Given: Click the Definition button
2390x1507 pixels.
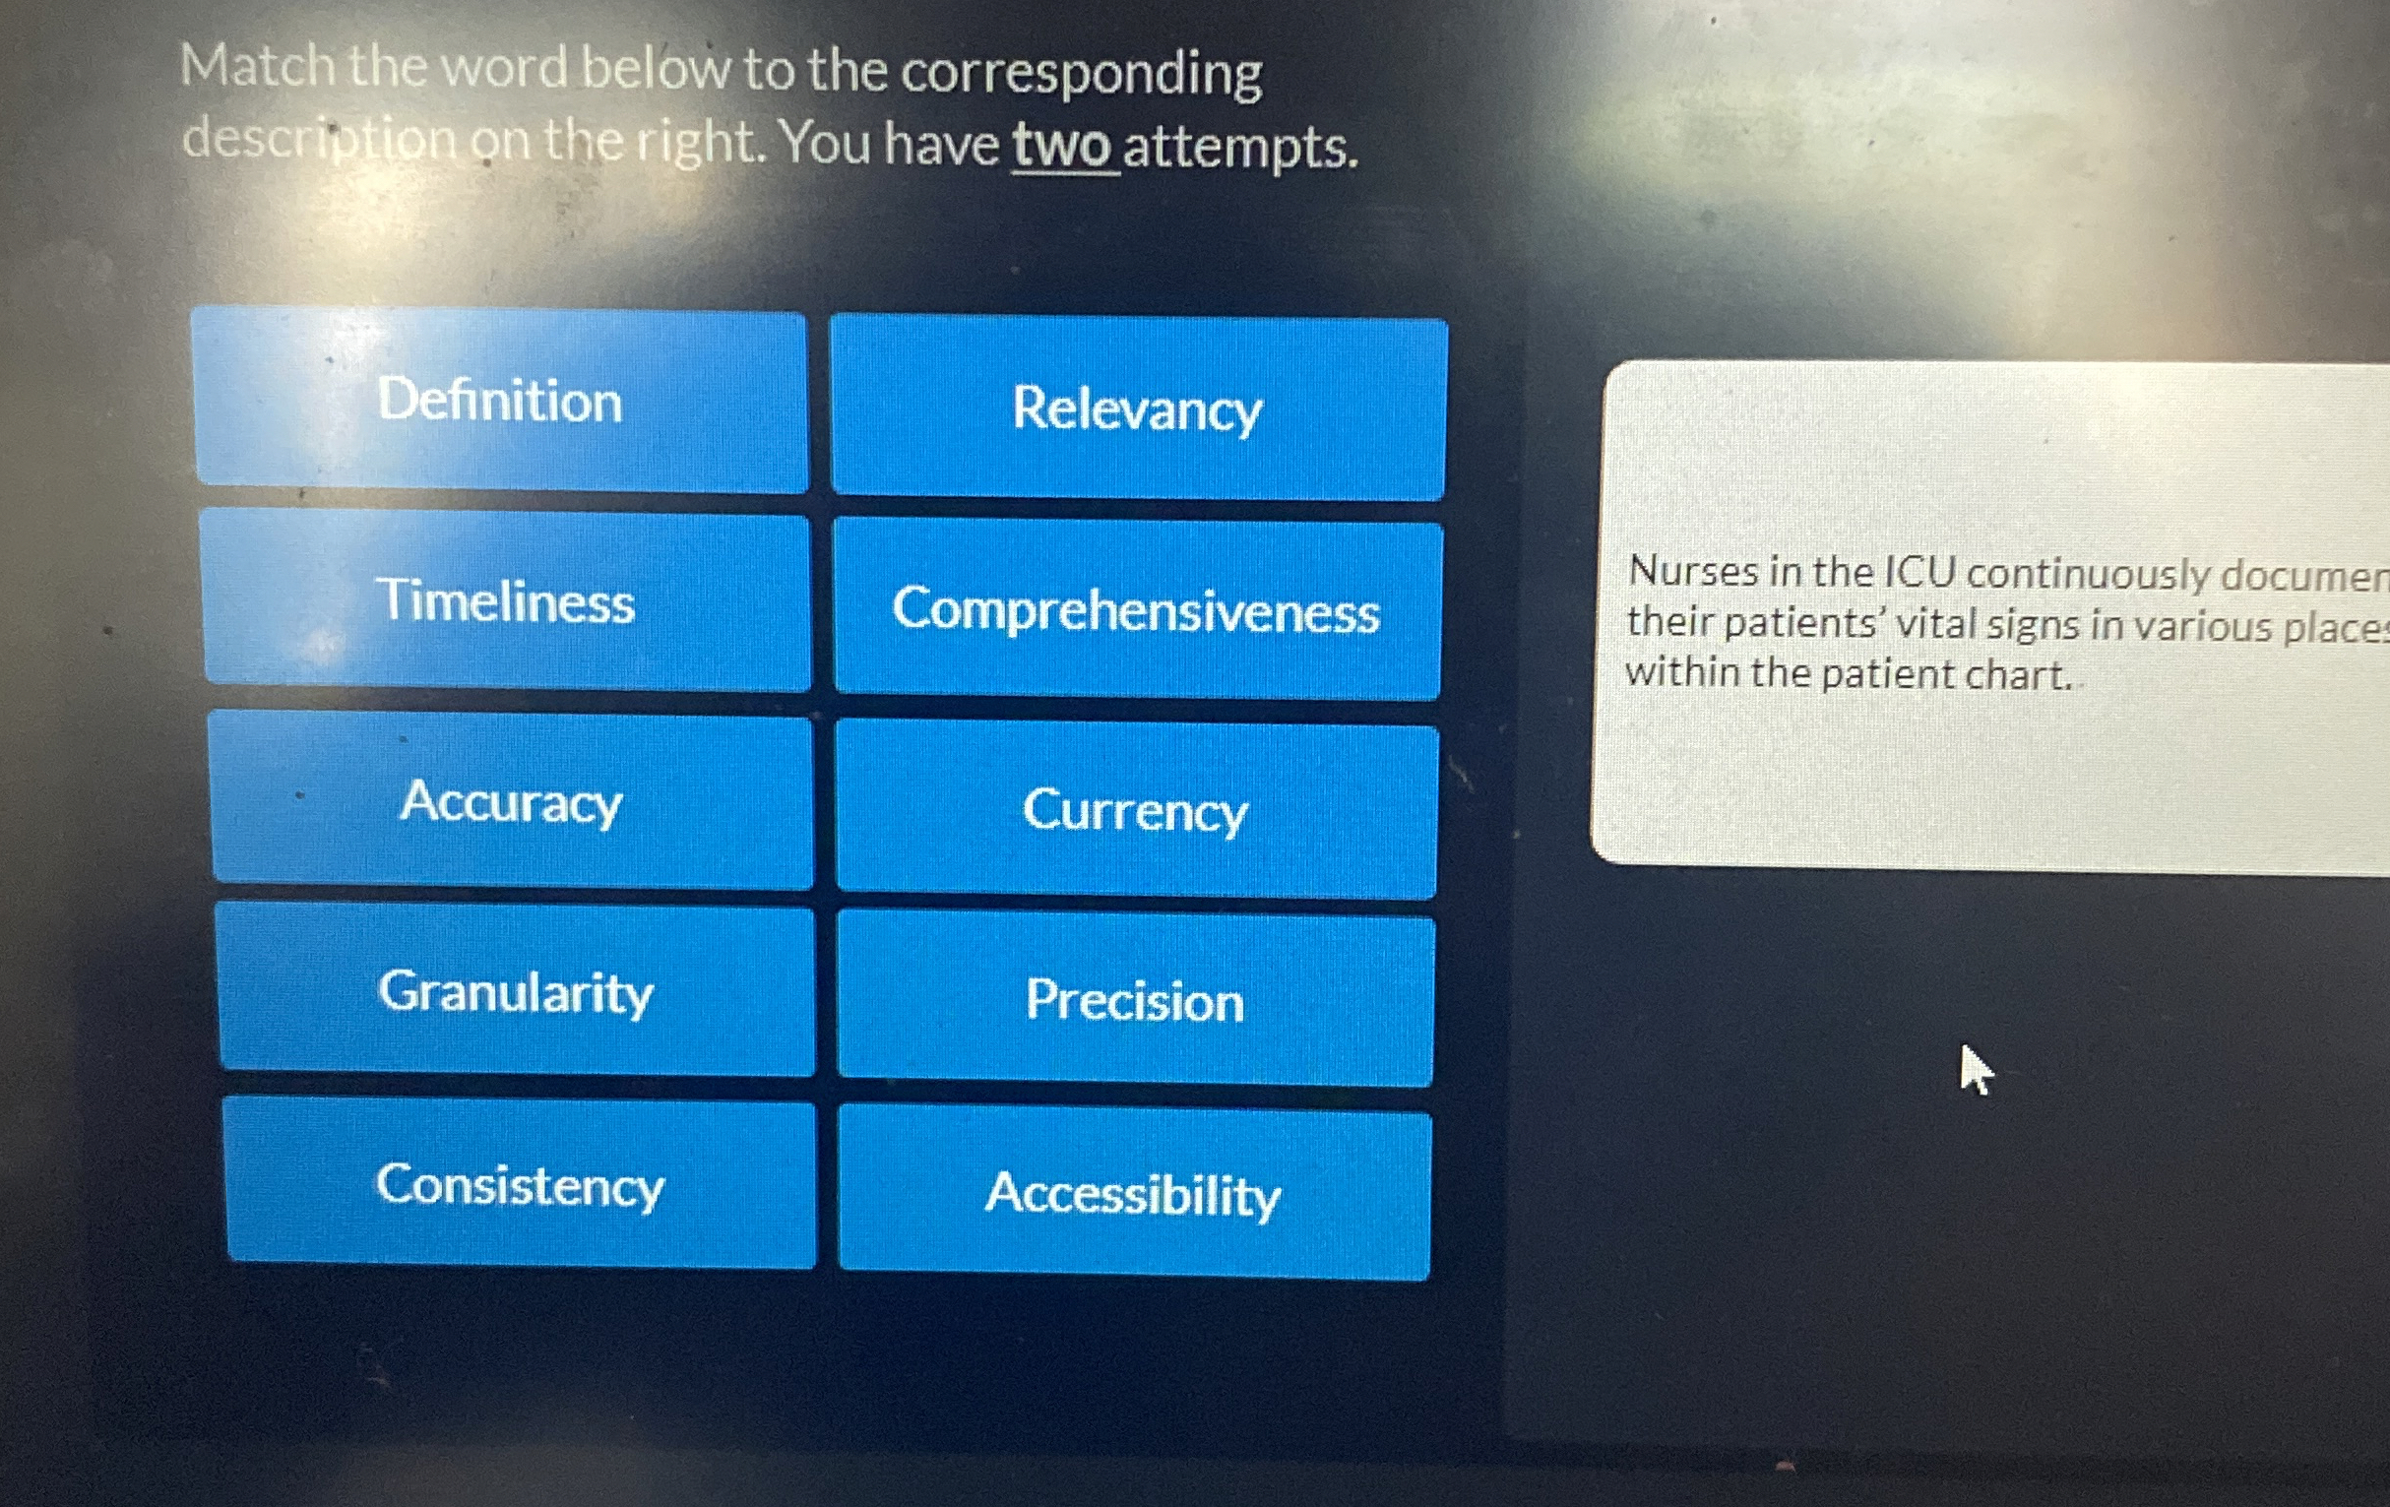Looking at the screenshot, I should click(500, 400).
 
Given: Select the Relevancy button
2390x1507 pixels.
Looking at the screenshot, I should click(1138, 409).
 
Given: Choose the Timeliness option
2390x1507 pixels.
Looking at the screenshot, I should click(506, 601).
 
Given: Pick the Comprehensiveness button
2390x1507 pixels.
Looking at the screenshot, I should click(1137, 609).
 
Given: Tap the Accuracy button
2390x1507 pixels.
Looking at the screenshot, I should click(511, 801).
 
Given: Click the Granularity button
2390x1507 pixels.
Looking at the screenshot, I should click(516, 992).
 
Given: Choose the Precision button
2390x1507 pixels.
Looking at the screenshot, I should click(1134, 1000).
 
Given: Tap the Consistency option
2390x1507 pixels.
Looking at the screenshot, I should click(520, 1184).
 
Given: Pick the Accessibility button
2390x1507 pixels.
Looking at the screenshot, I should click(1133, 1193).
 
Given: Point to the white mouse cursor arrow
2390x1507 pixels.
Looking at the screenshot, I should click(1975, 1068).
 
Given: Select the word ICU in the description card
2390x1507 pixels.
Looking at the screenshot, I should click(1918, 573).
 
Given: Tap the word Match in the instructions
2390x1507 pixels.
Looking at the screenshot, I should click(257, 68).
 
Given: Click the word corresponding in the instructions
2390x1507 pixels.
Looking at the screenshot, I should click(1082, 75).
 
